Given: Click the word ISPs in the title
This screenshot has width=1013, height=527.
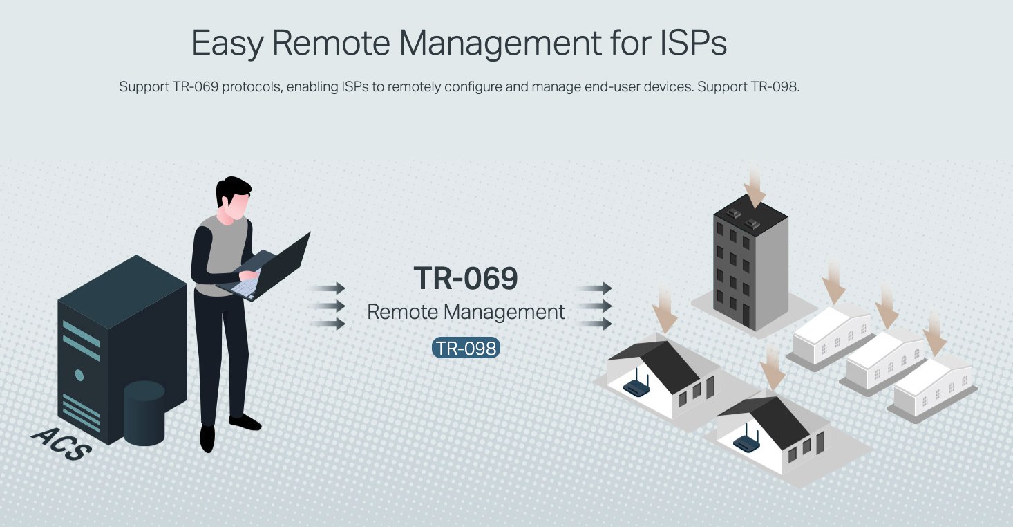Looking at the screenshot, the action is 693,43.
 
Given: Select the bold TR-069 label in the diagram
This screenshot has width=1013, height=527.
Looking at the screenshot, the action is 466,279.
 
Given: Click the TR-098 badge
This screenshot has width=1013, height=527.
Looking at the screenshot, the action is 466,348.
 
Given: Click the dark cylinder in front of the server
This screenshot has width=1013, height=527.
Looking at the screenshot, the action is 144,414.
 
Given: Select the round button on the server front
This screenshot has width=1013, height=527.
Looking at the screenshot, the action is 79,376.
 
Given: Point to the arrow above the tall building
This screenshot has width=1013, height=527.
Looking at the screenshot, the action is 755,189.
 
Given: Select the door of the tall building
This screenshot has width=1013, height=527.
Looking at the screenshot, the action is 746,316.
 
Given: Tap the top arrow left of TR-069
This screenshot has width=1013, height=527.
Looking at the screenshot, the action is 327,288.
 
